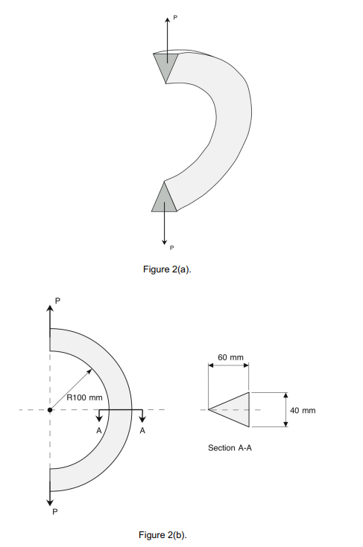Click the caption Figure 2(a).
[x=167, y=269]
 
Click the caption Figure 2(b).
[x=162, y=535]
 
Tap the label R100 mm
[x=84, y=397]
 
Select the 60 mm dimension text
[x=230, y=358]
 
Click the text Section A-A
[x=230, y=449]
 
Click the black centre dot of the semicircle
[x=50, y=409]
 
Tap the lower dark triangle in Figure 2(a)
[x=165, y=199]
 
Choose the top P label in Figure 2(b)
[x=57, y=300]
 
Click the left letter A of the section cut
[x=98, y=430]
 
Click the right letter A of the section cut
[x=142, y=430]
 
